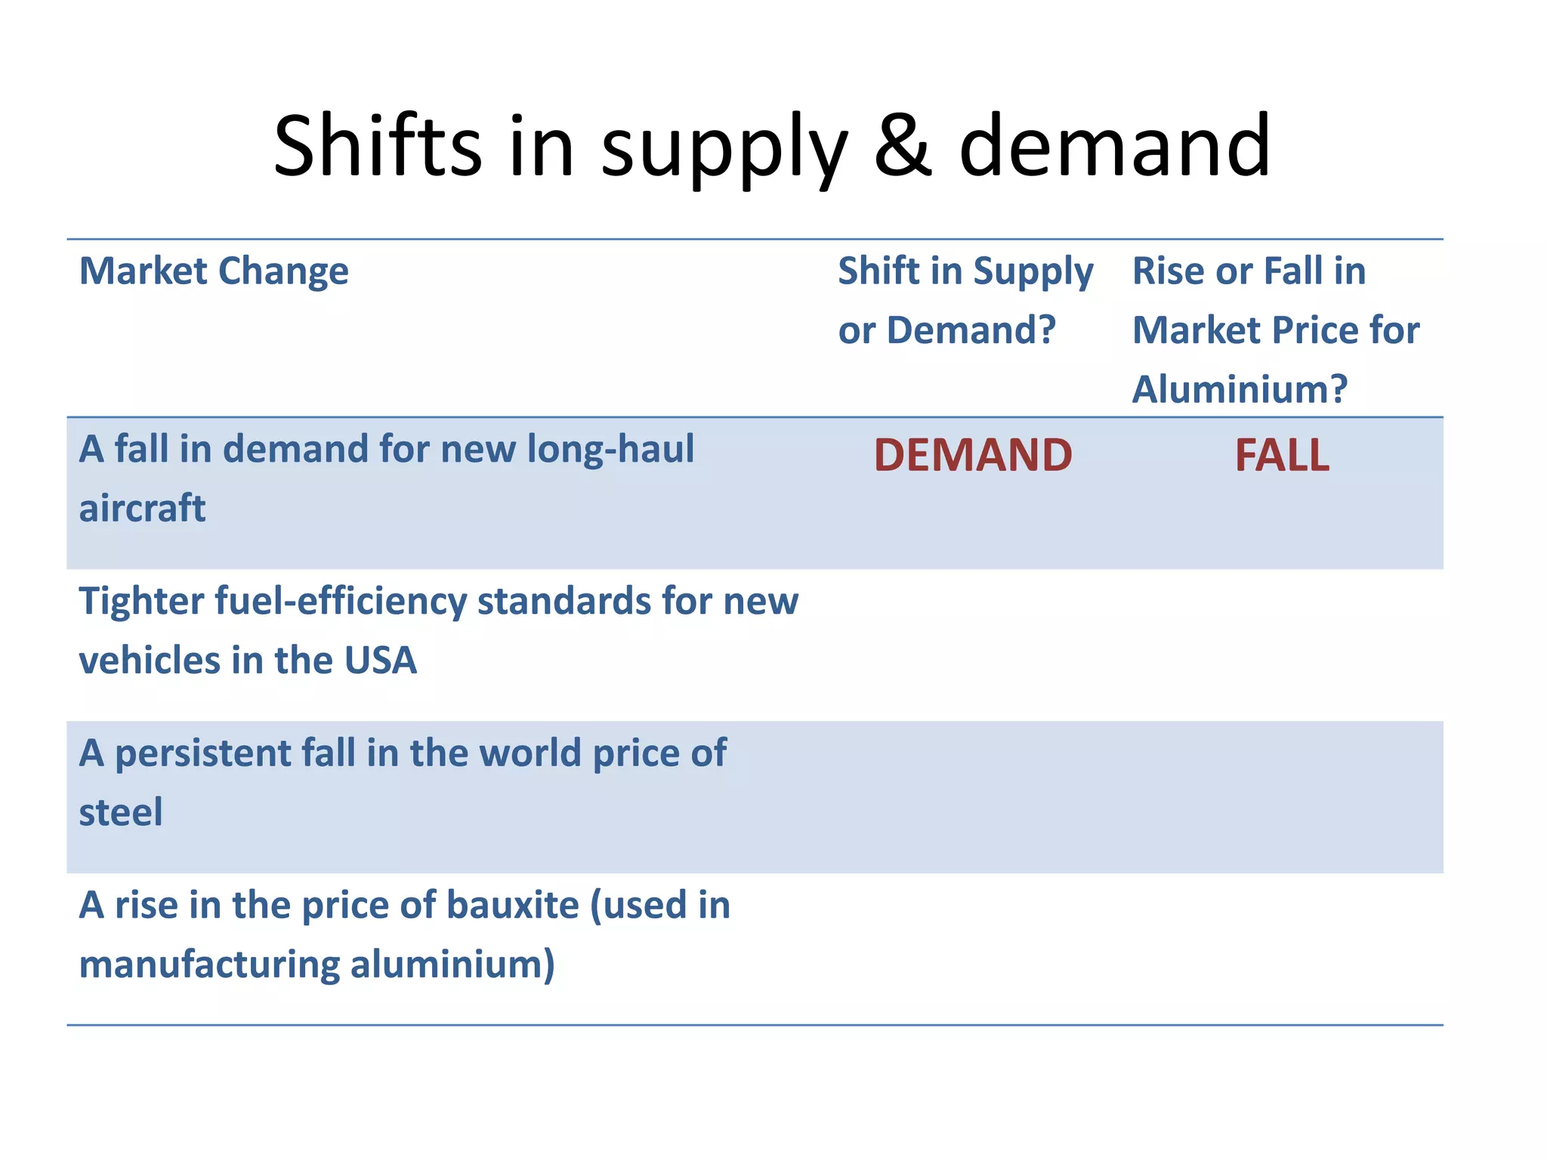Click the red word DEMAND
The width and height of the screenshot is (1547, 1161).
[973, 455]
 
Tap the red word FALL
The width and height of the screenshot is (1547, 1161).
[1282, 455]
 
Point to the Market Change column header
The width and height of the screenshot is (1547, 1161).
[214, 271]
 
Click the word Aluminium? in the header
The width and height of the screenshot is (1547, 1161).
[1240, 389]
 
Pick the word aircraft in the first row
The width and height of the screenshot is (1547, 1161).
[142, 508]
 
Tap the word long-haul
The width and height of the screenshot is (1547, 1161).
[610, 449]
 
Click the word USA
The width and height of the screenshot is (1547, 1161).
[380, 660]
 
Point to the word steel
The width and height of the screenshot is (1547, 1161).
[121, 813]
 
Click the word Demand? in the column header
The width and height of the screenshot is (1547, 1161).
[971, 330]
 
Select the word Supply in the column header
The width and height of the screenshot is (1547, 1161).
[1033, 272]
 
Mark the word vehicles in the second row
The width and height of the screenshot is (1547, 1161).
[149, 660]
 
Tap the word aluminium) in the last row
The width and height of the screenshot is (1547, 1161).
[452, 964]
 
